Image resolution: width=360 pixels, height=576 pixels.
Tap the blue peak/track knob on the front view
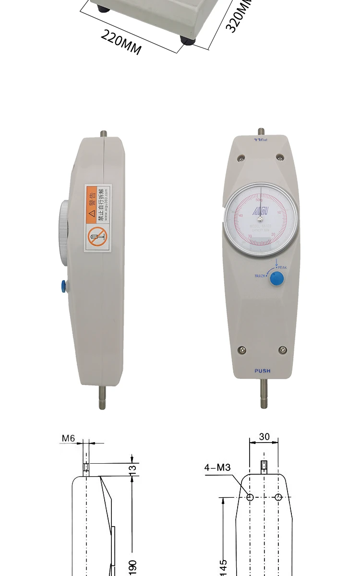(x=276, y=278)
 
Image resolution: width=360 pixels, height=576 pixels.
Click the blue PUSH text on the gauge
(x=263, y=371)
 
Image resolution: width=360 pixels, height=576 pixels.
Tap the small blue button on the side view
(x=63, y=287)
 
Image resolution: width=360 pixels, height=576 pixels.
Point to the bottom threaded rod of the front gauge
(x=264, y=394)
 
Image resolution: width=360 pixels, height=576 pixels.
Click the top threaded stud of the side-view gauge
(x=103, y=134)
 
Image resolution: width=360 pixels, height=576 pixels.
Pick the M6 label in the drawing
(x=69, y=438)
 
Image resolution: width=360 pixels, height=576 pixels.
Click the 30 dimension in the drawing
(x=264, y=437)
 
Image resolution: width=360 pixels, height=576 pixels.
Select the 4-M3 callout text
(x=217, y=468)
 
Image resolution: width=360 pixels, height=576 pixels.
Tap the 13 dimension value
(x=133, y=468)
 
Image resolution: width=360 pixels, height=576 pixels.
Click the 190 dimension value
(x=133, y=566)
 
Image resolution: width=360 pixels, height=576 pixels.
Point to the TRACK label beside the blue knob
(x=260, y=276)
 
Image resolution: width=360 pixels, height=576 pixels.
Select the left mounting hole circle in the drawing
(x=250, y=497)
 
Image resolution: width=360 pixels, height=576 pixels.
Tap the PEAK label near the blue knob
(x=282, y=267)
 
